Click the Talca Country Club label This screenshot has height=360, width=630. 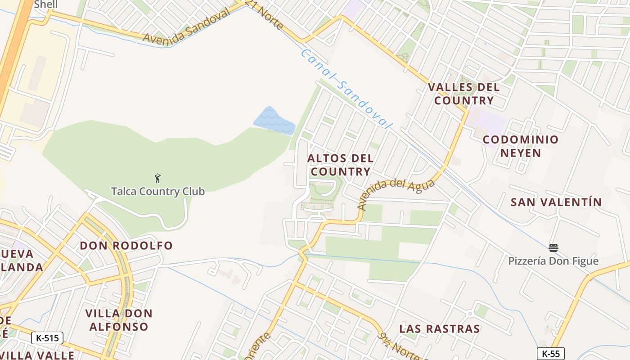[x=158, y=191]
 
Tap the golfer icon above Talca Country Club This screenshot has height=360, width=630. [x=157, y=178]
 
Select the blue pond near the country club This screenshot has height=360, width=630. [x=273, y=121]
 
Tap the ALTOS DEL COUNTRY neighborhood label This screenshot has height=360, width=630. [x=341, y=165]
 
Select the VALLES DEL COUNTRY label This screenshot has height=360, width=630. [x=464, y=94]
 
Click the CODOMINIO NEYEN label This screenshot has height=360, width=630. [x=521, y=146]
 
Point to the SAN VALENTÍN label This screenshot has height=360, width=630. [x=556, y=202]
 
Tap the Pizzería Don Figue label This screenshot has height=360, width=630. [x=553, y=261]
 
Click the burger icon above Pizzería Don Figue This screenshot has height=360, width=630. [x=553, y=248]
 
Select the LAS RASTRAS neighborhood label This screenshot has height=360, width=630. [x=440, y=329]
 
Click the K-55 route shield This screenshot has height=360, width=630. [x=551, y=354]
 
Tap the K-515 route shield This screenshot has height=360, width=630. [x=47, y=338]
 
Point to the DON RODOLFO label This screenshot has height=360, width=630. [x=126, y=246]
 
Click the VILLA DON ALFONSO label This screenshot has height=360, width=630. [x=119, y=320]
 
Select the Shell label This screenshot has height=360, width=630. [x=46, y=4]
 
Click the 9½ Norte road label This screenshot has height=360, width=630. [x=403, y=347]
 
